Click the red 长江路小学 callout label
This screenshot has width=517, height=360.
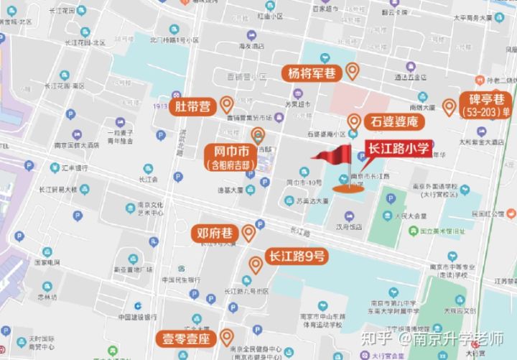click(399, 149)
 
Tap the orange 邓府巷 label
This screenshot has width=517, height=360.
click(215, 234)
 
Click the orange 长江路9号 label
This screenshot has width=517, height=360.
click(297, 257)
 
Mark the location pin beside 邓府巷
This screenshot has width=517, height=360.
click(248, 232)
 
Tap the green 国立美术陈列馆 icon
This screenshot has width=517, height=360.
click(413, 231)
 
